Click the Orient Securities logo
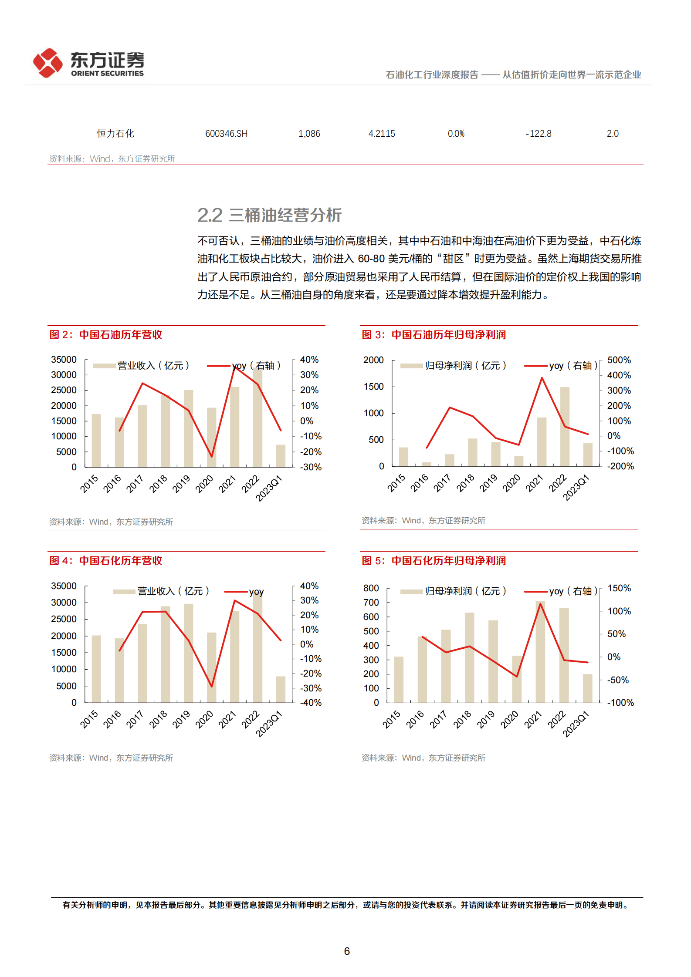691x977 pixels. coord(88,64)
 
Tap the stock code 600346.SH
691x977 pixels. coord(226,134)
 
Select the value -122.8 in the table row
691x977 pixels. coord(539,134)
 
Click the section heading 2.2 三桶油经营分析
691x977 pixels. coord(269,215)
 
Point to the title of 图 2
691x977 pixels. coord(106,335)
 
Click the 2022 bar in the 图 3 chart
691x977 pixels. coord(565,427)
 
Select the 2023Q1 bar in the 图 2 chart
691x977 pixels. coord(281,456)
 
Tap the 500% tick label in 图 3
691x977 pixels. coord(619,360)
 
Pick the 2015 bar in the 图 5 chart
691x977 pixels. coord(399,679)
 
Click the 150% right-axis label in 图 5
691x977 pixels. coord(619,588)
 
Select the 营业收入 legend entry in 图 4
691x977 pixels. coord(161,591)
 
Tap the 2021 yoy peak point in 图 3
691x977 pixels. coord(542,378)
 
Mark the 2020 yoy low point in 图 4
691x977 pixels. coord(212,687)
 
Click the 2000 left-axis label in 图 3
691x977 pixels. coord(373,360)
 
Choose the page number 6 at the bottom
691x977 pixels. coord(347,951)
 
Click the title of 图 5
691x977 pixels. coord(434,561)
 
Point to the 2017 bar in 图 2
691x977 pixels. coord(142,436)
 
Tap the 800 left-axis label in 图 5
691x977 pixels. coord(371,588)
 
